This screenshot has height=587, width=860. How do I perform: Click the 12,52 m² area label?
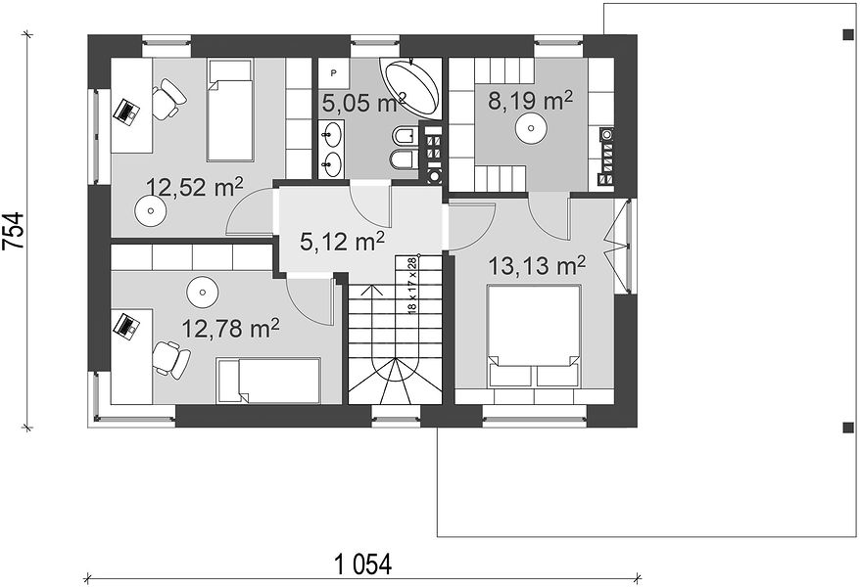(x=194, y=188)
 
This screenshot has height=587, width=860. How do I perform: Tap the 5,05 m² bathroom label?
(x=363, y=103)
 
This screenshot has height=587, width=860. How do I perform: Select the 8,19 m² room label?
(x=530, y=101)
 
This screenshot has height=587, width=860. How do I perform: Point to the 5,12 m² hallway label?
(x=342, y=241)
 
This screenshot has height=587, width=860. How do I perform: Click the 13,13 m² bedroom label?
(x=537, y=266)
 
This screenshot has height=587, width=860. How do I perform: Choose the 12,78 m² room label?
(x=230, y=329)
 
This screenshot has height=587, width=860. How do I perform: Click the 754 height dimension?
(x=15, y=231)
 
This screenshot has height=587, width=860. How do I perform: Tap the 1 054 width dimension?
(x=363, y=564)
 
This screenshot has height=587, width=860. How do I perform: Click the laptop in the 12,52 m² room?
(x=126, y=112)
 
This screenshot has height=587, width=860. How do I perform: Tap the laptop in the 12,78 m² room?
(x=126, y=326)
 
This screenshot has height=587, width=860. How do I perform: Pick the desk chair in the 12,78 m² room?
(x=170, y=359)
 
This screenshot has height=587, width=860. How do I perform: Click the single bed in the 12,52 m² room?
(x=230, y=110)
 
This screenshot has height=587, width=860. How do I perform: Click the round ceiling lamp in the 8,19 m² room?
(x=531, y=128)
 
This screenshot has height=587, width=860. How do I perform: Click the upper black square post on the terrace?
(x=848, y=35)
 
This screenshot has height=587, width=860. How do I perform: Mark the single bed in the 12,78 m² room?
(x=268, y=381)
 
